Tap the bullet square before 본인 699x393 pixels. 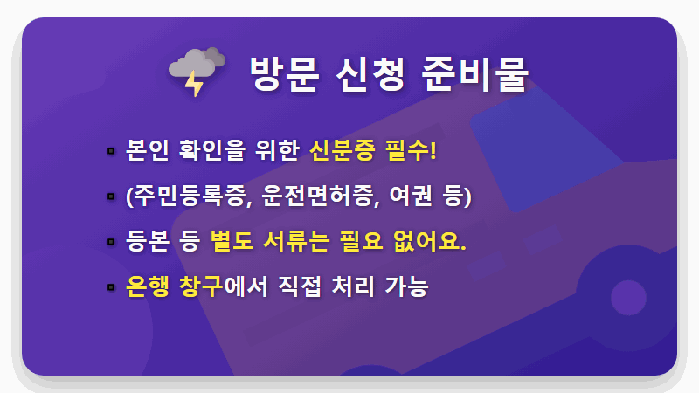point(111,152)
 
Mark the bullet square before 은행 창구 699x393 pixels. point(111,286)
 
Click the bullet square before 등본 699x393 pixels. point(111,242)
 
